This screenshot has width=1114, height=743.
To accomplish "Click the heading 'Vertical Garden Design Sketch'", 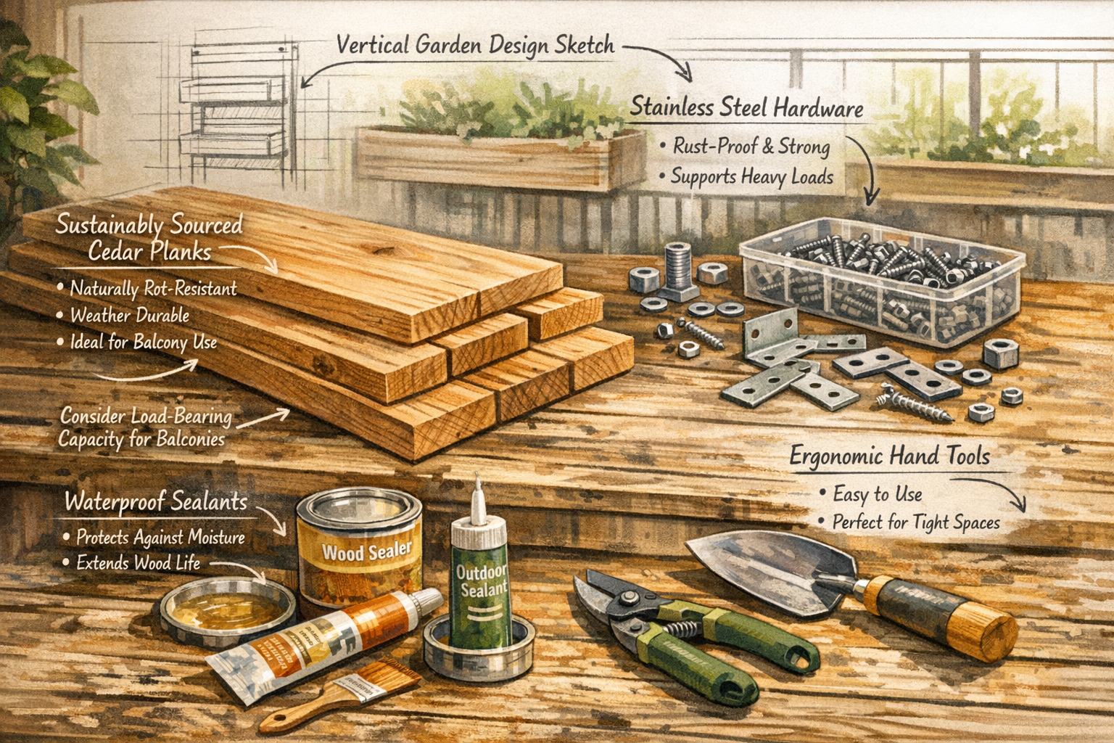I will click(x=475, y=45).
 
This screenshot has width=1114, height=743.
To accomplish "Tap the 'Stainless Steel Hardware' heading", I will click(x=746, y=107).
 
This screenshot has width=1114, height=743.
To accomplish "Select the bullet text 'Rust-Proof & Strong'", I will click(x=751, y=146).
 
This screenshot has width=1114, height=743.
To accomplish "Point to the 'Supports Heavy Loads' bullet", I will click(x=751, y=176).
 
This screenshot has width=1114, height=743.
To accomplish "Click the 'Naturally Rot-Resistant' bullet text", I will click(x=153, y=289).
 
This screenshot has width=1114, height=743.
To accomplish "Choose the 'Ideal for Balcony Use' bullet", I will click(x=143, y=342).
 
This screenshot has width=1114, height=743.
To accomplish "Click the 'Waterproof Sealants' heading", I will click(x=156, y=502).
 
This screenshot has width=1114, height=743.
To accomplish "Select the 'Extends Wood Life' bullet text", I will click(x=138, y=563).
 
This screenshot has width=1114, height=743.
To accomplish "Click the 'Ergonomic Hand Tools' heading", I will click(x=889, y=456).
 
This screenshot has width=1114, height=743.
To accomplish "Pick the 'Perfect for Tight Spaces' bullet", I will click(x=915, y=522).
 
